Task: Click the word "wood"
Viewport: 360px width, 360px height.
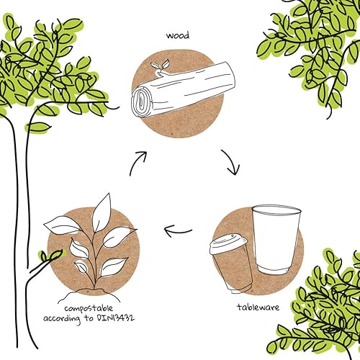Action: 178,35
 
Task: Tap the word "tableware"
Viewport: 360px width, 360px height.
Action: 258,307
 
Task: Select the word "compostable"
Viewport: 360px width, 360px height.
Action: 89,309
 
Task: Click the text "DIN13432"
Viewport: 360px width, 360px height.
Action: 115,318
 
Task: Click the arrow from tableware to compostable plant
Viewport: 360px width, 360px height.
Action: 178,231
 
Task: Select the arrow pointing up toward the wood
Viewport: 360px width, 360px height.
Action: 138,163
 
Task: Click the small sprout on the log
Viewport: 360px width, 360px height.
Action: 160,68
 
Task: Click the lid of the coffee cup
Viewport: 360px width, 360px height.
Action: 228,243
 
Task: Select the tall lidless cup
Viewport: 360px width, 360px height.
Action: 276,240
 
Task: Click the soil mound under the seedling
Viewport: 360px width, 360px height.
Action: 91,292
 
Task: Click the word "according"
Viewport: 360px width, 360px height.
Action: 62,319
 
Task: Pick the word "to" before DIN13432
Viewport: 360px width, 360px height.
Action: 89,318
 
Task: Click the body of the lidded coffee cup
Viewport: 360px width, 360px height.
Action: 233,271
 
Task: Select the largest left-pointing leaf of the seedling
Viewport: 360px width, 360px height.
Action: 61,225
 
